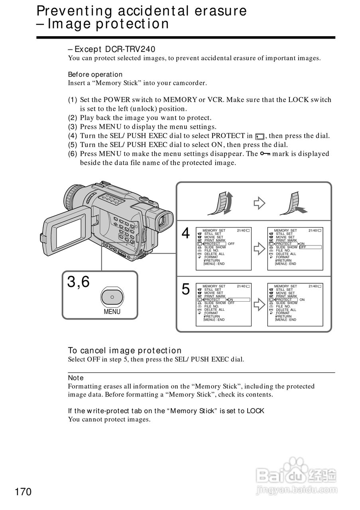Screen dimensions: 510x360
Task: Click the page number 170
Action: [x=23, y=492]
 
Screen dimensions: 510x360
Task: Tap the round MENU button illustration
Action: [x=112, y=297]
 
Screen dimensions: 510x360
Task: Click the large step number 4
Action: [x=186, y=233]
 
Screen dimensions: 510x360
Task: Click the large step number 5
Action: [x=186, y=289]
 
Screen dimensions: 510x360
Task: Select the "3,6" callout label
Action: [x=78, y=282]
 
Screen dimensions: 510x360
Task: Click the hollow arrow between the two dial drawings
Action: [x=260, y=203]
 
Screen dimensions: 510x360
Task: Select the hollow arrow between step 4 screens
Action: [x=260, y=249]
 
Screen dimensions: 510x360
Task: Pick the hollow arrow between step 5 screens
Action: [x=260, y=305]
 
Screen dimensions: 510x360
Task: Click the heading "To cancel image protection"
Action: [x=124, y=351]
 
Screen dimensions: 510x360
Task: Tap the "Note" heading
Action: [x=76, y=378]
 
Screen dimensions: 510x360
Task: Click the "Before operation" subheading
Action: [x=95, y=75]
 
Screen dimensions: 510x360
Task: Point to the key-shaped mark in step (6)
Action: [x=265, y=154]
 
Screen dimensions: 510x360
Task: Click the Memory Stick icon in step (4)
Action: [x=260, y=136]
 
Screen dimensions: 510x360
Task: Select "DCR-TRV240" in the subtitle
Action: [x=130, y=49]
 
